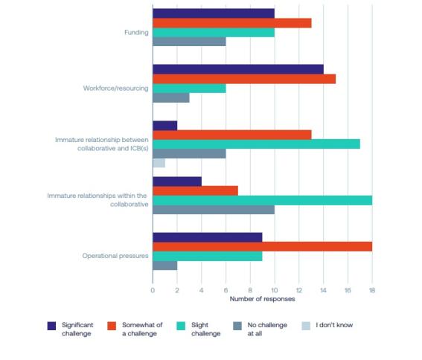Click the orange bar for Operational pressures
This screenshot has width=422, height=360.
point(262,246)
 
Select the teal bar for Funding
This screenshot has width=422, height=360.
point(213,33)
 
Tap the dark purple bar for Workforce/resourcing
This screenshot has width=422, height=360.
point(237,69)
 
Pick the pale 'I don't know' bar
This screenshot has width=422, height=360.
point(159,163)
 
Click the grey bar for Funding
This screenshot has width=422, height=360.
point(189,42)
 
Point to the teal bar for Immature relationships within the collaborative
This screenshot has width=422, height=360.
point(262,200)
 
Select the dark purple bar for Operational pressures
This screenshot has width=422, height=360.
point(207,237)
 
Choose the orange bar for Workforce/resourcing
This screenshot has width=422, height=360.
point(243,79)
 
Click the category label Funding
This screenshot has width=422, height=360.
point(136,33)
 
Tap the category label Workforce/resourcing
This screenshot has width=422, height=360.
point(115,89)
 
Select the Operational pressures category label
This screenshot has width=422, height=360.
point(115,256)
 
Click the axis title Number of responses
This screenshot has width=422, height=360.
point(262,299)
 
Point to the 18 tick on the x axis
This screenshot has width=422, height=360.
point(371,290)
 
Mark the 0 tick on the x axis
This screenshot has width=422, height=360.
point(153,290)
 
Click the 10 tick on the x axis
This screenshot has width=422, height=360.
point(274,290)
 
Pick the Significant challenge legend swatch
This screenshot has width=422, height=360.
point(51,326)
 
